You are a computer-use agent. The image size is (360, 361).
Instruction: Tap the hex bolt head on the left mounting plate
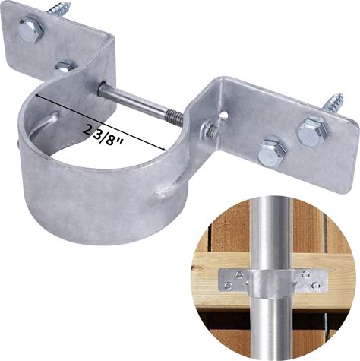pos(30,29)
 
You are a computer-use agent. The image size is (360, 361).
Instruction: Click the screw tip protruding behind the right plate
pos(333,102)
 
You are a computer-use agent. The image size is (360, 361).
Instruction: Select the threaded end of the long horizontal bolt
pos(174,119)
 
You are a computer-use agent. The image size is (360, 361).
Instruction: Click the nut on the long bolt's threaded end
pos(210,130)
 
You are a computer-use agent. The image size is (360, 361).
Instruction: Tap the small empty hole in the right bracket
pos(223,115)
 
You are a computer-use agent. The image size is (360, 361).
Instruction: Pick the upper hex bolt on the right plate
pos(311,131)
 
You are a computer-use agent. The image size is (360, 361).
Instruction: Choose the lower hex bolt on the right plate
pos(272,154)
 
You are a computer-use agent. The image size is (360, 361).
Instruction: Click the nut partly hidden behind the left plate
pos(65,68)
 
